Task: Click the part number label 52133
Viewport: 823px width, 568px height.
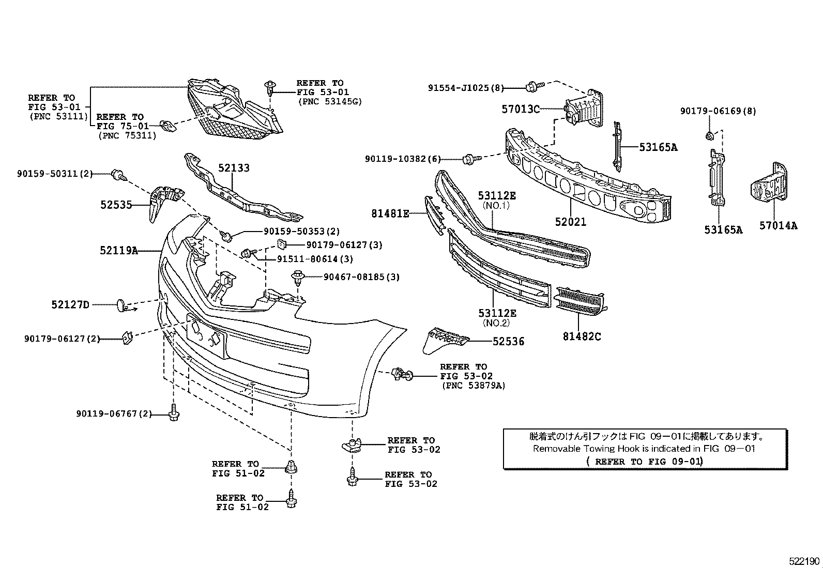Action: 234,168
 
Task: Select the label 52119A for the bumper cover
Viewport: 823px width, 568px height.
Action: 119,251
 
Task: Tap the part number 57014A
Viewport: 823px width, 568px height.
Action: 778,225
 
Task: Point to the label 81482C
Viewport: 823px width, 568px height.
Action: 582,336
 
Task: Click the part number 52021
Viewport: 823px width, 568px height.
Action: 571,222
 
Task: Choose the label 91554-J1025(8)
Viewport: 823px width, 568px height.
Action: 465,88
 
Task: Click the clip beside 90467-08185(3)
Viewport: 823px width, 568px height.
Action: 297,278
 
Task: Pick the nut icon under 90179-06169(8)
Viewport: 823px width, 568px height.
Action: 710,136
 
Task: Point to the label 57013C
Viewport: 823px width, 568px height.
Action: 521,109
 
